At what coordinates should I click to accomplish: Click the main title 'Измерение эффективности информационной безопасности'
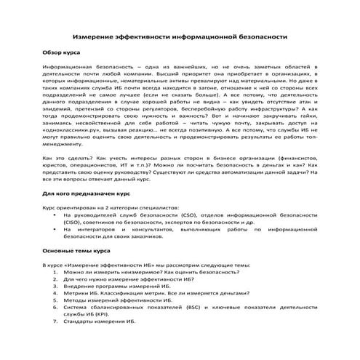click(x=180, y=36)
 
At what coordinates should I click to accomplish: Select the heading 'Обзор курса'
click(x=61, y=54)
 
